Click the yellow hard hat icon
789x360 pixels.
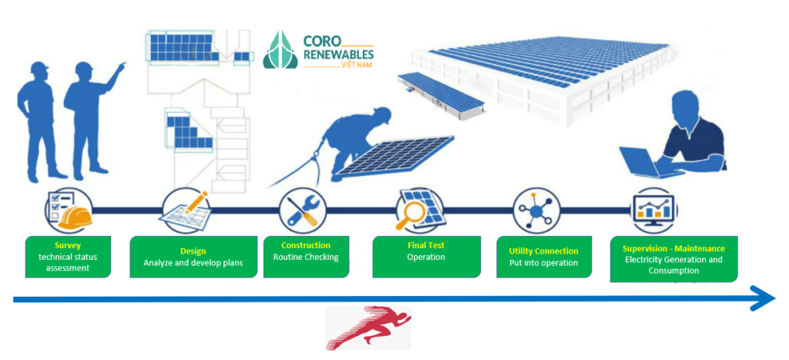pos(76,217)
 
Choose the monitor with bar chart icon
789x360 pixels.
pos(654,210)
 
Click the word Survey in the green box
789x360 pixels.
pos(68,246)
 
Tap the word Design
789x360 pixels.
pos(193,251)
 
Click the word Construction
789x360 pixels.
pos(306,245)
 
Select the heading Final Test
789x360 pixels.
pos(425,245)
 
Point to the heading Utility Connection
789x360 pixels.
pos(544,251)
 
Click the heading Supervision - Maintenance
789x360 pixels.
pos(673,248)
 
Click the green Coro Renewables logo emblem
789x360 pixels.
pos(280,49)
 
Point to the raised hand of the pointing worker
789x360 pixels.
pos(121,66)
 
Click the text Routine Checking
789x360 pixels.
pos(306,257)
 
